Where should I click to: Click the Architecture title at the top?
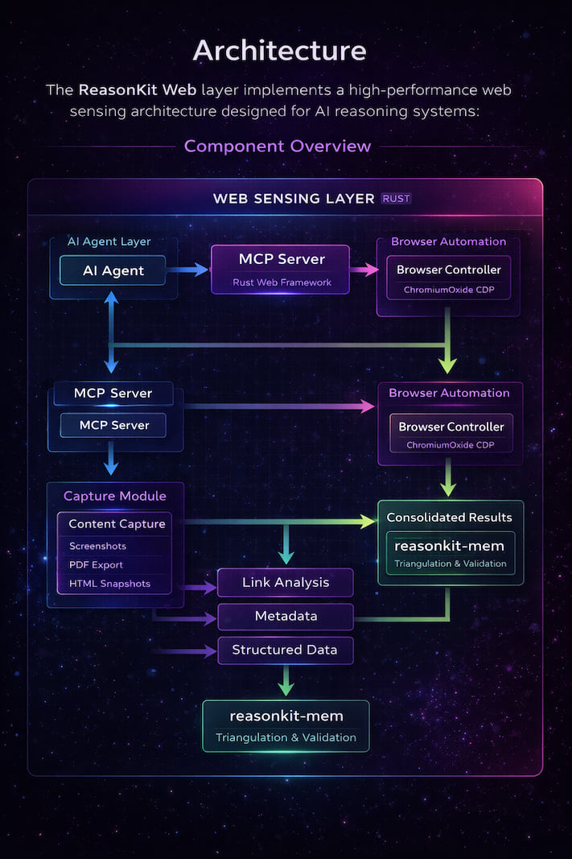tap(280, 51)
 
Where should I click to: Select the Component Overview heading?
tap(278, 146)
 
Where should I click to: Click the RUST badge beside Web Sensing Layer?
tap(395, 198)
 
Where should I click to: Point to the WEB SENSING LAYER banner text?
tap(294, 198)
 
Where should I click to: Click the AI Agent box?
tap(113, 271)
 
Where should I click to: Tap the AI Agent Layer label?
tap(110, 242)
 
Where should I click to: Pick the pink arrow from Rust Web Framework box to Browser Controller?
tap(364, 271)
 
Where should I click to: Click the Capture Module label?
tap(114, 496)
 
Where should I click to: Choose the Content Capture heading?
tap(117, 524)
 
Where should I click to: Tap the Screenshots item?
tap(97, 546)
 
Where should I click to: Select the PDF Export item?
tap(96, 564)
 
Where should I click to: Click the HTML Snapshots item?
tap(109, 583)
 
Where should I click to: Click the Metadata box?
tap(286, 616)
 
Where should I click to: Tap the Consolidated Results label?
tap(449, 517)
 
